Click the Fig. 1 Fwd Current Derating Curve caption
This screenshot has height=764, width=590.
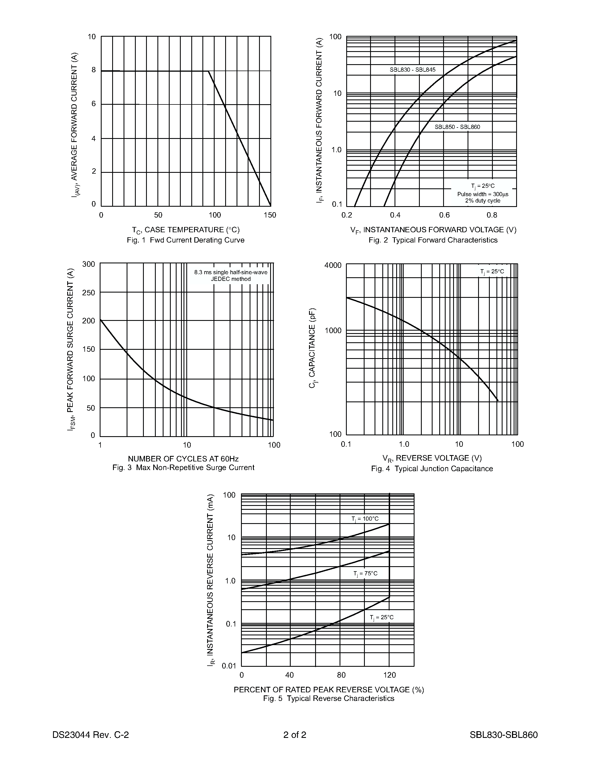click(x=185, y=240)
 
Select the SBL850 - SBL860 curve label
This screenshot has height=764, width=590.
click(x=457, y=127)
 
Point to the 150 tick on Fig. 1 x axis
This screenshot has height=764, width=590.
click(x=270, y=215)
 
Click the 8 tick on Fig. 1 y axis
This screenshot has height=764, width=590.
click(x=94, y=70)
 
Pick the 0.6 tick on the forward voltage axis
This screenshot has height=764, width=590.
click(x=444, y=215)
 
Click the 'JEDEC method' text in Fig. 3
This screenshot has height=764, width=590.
click(x=231, y=279)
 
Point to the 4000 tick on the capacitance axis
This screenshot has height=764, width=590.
click(x=333, y=265)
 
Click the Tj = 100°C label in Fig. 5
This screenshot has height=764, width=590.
click(x=365, y=519)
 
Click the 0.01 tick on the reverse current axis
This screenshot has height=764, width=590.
click(x=229, y=666)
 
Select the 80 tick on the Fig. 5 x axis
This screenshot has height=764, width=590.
click(x=341, y=675)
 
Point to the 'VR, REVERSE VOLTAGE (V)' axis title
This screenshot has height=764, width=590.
click(x=432, y=458)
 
